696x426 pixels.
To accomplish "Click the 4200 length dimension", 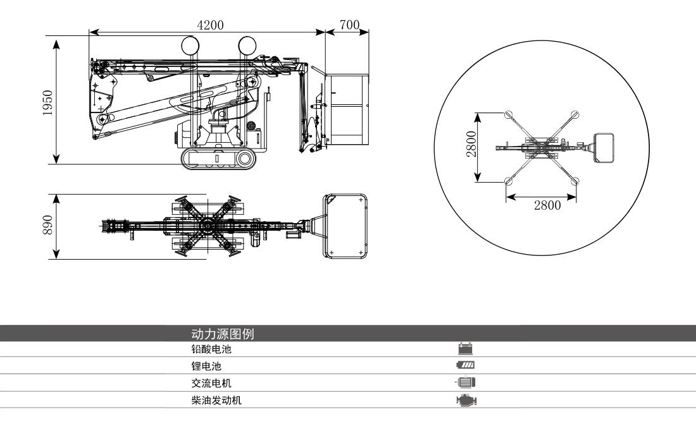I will [x=210, y=25].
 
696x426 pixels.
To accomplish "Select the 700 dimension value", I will [x=349, y=25].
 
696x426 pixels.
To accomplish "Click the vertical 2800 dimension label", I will [x=470, y=146].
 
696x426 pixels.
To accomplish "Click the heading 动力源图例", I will [x=222, y=334].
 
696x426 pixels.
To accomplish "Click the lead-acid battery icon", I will [x=466, y=348].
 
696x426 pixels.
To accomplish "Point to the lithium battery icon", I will [x=466, y=365].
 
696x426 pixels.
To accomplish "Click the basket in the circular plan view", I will [x=604, y=148].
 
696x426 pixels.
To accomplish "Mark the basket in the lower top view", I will [x=347, y=226].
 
